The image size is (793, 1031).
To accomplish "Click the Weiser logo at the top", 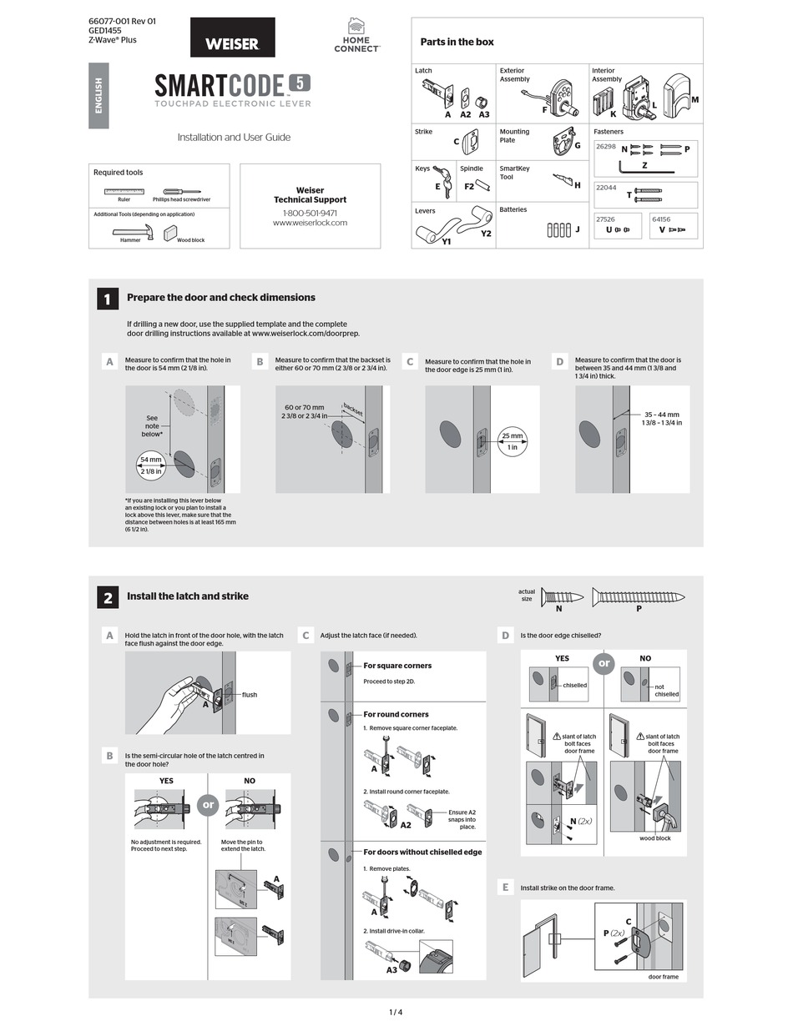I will pos(232,38).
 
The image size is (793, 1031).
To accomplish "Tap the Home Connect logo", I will pos(356,36).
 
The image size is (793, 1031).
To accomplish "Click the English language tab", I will pos(98,95).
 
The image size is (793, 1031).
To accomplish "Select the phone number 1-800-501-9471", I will pos(310,213).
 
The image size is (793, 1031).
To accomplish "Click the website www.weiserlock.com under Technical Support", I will pos(310,223).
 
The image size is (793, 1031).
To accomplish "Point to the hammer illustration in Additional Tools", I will pos(133,234).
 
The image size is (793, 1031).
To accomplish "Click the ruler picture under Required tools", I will pos(124,191).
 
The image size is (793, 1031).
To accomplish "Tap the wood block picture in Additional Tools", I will pos(171,233).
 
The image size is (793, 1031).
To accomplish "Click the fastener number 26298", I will pos(605,147).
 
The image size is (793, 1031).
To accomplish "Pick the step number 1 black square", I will pos(108,298).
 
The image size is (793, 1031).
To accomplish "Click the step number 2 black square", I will pos(108,596).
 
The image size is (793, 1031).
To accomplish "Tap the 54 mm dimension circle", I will pos(151,465).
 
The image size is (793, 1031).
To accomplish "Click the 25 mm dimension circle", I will pos(512,441).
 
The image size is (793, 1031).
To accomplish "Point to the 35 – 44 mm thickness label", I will pos(661,418).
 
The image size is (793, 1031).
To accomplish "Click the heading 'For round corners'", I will pos(396,714).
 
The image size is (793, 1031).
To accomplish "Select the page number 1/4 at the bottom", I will pos(396,1012).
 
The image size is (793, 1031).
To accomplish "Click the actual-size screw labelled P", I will pos(638,596).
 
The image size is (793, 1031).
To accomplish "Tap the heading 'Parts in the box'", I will pos(457,42).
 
